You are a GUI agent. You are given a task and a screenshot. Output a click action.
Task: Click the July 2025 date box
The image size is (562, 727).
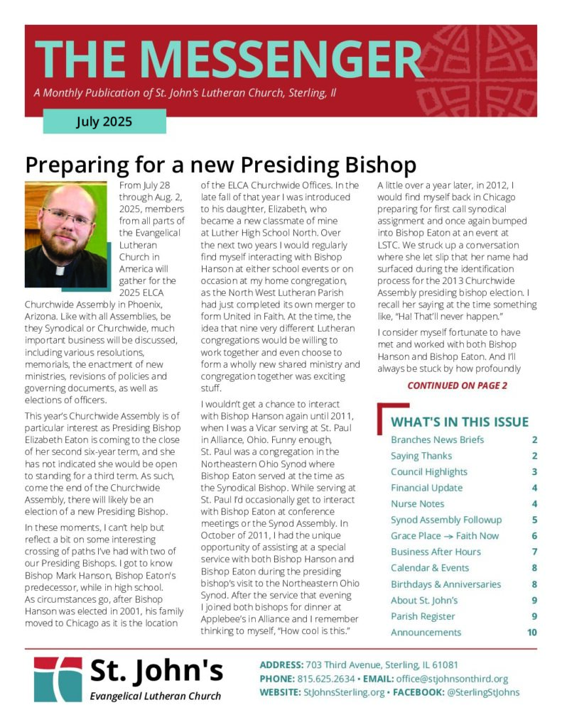point(104,121)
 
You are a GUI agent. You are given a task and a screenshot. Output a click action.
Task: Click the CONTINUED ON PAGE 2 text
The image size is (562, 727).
point(457,386)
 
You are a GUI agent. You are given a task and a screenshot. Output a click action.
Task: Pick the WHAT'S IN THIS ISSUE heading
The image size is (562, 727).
point(460,422)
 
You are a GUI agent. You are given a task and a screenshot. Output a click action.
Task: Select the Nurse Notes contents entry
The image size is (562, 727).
point(417,503)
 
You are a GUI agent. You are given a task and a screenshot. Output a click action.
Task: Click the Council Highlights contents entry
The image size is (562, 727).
point(428,471)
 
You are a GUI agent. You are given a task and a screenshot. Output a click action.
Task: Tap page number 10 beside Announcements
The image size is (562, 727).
point(532,632)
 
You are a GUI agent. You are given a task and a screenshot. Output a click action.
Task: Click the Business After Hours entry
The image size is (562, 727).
point(436,552)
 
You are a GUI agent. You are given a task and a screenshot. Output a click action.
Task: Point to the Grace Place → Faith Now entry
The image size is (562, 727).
point(445,535)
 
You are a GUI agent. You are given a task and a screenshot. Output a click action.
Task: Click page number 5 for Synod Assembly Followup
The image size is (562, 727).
point(534,520)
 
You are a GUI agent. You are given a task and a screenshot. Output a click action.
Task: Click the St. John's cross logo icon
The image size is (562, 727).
point(58,679)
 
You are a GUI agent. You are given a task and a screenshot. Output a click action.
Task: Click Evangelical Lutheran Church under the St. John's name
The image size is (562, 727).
point(155,696)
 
